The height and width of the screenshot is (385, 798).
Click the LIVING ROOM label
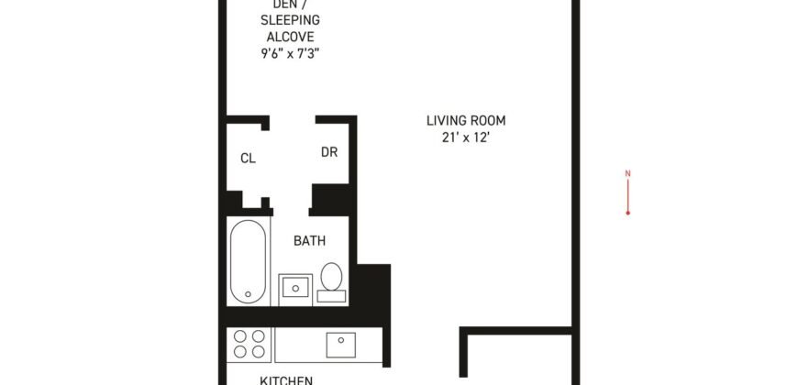tap(465, 120)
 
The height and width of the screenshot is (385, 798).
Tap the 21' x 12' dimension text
tap(465, 138)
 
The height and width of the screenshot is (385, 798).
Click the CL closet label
tap(248, 158)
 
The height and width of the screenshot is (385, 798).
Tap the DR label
tap(329, 152)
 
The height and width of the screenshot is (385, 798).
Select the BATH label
tap(309, 241)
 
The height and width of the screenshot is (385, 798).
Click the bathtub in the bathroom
tap(248, 261)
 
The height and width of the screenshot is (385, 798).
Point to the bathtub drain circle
tap(248, 294)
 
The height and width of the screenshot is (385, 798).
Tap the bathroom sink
tap(295, 288)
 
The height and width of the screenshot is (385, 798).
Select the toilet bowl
tap(331, 275)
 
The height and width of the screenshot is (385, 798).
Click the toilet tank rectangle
tap(331, 296)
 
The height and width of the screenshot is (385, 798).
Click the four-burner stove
tap(249, 346)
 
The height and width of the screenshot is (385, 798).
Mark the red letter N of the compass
tap(627, 172)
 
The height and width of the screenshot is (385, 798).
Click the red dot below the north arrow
tap(627, 213)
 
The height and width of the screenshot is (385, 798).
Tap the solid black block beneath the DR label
tap(330, 198)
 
